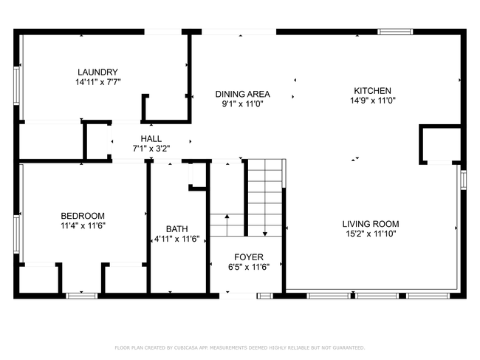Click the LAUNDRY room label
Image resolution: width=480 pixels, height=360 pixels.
[x=97, y=72]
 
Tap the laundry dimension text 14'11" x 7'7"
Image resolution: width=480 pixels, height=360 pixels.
[x=98, y=82]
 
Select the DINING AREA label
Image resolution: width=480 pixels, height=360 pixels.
[x=242, y=94]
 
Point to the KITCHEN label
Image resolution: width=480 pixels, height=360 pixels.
[x=372, y=91]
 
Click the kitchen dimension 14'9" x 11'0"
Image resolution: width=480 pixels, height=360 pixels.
[x=373, y=101]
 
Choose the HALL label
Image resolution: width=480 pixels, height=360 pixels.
[x=151, y=138]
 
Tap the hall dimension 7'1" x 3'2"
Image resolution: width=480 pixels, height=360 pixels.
[x=151, y=149]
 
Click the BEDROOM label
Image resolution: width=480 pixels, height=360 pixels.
[x=83, y=216]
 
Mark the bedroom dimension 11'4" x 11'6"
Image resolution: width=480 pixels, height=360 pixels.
[x=83, y=225]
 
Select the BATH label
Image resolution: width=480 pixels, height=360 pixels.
[x=177, y=229]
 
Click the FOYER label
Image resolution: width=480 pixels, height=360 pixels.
[x=249, y=257]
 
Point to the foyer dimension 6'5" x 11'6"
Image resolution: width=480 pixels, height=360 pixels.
[x=249, y=267]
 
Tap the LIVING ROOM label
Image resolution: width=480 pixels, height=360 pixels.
[x=371, y=224]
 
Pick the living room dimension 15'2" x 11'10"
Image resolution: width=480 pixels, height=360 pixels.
[x=371, y=234]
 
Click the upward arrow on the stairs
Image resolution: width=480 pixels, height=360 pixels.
[x=227, y=225]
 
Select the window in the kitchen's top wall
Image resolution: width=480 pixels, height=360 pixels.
[x=395, y=32]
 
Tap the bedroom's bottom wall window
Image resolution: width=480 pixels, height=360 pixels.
[x=82, y=296]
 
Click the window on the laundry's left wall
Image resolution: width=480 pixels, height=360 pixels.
[x=16, y=86]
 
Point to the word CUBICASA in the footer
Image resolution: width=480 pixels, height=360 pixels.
[x=186, y=347]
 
